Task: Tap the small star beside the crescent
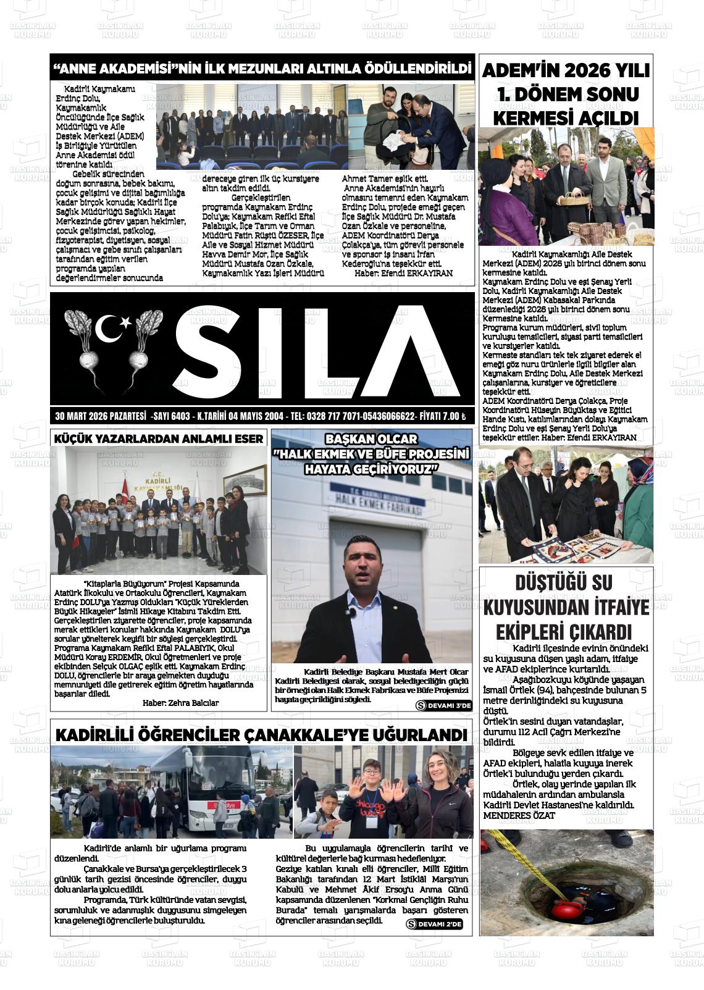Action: (126, 322)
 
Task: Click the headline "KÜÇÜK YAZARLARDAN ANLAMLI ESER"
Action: (159, 438)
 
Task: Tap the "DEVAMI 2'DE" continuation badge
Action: (435, 924)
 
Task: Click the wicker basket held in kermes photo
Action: (572, 198)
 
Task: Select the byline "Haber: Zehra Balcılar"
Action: (180, 703)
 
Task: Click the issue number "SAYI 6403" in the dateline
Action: (172, 416)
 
